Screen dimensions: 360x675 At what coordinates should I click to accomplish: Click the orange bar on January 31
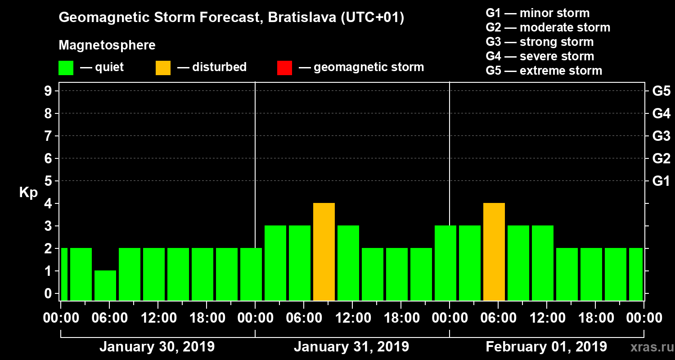pyautogui.click(x=324, y=252)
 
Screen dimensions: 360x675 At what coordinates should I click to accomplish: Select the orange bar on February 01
pyautogui.click(x=494, y=252)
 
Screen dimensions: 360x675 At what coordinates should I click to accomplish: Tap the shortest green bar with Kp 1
pyautogui.click(x=105, y=285)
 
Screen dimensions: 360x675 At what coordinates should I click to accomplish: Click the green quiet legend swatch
pyautogui.click(x=66, y=68)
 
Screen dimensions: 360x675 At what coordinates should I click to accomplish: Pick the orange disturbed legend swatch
pyautogui.click(x=163, y=68)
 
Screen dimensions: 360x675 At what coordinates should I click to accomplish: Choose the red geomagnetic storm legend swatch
pyautogui.click(x=284, y=68)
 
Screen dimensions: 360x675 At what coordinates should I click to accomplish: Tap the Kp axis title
pyautogui.click(x=28, y=193)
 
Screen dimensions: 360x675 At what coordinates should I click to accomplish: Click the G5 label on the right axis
pyautogui.click(x=661, y=91)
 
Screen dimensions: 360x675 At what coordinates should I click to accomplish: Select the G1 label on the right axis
pyautogui.click(x=661, y=181)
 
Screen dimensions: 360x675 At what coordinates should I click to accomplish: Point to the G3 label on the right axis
pyautogui.click(x=661, y=136)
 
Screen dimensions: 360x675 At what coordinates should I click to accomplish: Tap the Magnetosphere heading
pyautogui.click(x=107, y=45)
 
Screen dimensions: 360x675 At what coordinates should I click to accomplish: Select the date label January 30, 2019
pyautogui.click(x=157, y=347)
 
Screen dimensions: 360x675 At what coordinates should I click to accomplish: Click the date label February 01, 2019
pyautogui.click(x=546, y=347)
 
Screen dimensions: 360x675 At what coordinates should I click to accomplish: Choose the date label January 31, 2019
pyautogui.click(x=351, y=347)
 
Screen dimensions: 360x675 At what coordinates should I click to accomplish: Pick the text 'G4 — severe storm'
pyautogui.click(x=540, y=56)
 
